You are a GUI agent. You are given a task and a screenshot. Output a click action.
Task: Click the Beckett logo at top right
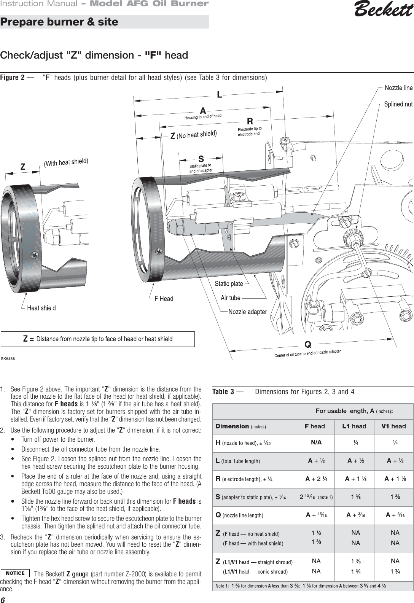point(383,10)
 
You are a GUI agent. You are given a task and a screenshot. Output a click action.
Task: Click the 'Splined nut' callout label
point(398,104)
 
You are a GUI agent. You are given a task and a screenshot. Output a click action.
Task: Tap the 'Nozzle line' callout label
point(398,88)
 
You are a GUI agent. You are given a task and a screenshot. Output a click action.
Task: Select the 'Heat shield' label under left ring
point(41,308)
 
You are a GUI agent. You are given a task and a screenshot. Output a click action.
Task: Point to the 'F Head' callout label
point(164,299)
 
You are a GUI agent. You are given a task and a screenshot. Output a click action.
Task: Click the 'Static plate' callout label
point(229,283)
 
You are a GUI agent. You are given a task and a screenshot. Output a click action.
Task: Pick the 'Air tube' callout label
point(231,298)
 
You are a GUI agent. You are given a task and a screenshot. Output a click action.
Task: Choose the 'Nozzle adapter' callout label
point(247,312)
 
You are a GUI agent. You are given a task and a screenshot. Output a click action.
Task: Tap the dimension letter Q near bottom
point(308,345)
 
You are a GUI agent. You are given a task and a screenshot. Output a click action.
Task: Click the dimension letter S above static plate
point(201,159)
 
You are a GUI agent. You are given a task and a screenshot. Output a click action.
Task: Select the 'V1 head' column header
point(393,426)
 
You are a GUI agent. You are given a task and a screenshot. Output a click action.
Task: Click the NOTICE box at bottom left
point(15,573)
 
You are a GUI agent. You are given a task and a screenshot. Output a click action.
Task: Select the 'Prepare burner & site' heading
point(59,22)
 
